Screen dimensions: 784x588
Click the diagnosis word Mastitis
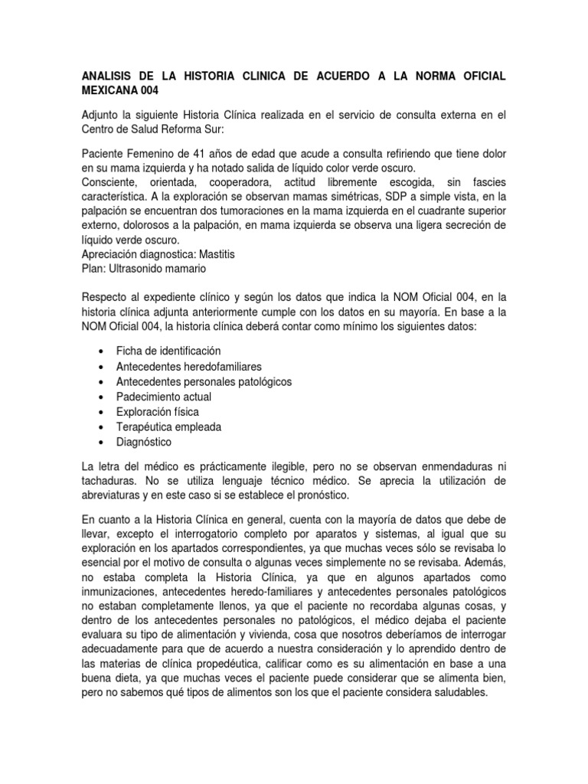click(x=220, y=254)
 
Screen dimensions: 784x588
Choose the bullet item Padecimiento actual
click(x=163, y=397)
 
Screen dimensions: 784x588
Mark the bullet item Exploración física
click(x=157, y=412)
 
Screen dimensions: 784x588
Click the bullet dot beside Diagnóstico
click(x=102, y=443)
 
